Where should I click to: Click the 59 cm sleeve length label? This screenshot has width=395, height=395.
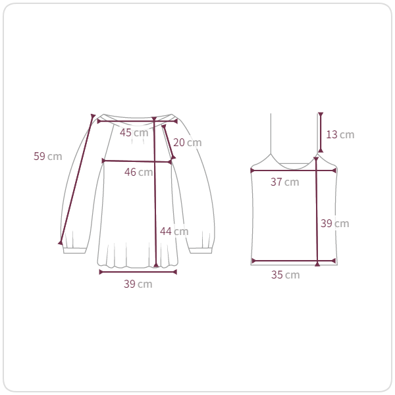48,156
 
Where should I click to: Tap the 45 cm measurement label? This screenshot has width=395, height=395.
134,132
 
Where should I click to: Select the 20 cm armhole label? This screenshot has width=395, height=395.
188,143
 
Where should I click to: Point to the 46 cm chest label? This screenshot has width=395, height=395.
138,172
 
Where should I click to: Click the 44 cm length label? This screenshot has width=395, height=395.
174,231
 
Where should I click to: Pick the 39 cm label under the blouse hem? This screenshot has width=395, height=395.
138,284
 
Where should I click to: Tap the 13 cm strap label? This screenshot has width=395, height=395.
340,134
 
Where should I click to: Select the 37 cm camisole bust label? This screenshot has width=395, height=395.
285,182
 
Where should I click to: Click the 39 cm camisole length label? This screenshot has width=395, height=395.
335,223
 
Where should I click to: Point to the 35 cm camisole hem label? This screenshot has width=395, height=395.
286,275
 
